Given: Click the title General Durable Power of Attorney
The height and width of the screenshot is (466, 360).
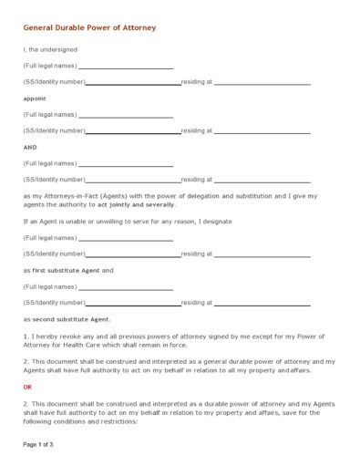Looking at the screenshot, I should (x=89, y=28).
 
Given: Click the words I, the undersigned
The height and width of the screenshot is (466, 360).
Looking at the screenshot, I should (x=50, y=49).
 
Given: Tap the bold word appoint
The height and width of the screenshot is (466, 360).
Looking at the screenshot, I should (x=35, y=98).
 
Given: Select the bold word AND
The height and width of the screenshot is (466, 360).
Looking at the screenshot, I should (x=30, y=147).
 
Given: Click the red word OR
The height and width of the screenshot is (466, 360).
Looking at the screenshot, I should (x=27, y=387).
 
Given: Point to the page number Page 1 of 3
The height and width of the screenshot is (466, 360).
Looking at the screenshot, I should (x=38, y=444).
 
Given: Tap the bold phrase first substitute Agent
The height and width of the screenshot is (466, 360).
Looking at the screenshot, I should (x=67, y=270).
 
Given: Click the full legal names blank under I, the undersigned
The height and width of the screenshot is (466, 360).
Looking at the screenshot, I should (x=126, y=67).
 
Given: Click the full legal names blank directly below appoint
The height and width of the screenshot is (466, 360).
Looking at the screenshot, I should (x=126, y=116).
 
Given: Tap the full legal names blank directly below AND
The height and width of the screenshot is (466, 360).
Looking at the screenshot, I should (x=126, y=165).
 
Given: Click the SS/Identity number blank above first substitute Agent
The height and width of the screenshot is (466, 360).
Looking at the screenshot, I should (x=133, y=254).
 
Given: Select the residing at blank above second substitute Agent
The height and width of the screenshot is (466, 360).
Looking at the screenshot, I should (x=262, y=304).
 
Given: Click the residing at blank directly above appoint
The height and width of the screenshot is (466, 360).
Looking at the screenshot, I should (x=262, y=83).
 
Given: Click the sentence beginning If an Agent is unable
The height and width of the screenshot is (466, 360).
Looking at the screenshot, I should (x=128, y=222).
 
